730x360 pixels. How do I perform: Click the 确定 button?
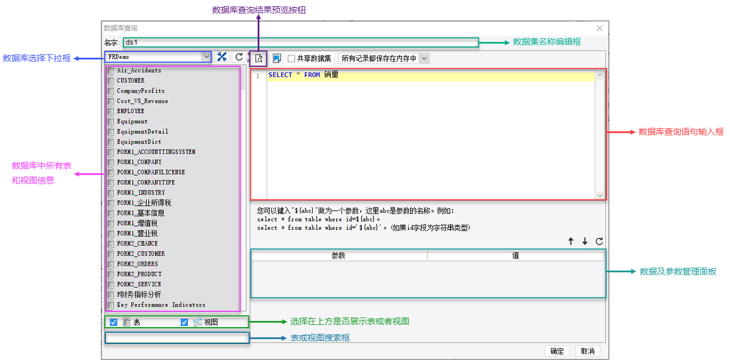coord(557,351)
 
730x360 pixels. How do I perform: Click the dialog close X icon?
coord(599,28)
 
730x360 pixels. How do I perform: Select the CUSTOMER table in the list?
coord(131,80)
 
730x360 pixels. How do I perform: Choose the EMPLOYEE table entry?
coord(131,111)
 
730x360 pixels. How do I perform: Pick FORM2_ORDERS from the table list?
coord(137,264)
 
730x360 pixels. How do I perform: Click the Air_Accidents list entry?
coord(139,71)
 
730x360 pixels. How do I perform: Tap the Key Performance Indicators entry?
coord(161,305)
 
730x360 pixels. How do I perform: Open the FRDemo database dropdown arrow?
coord(206,57)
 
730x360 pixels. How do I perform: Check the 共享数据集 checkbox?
coord(291,58)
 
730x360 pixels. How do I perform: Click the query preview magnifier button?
coord(259,58)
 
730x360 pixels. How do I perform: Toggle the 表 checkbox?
coord(114,322)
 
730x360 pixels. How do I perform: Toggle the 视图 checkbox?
coord(184,322)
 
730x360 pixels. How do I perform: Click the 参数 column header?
coord(338,255)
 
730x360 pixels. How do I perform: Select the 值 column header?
coord(515,255)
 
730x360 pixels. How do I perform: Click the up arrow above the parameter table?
coord(571,241)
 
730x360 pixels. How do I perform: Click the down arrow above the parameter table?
coord(585,241)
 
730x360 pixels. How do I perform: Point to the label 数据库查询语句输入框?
coord(681,131)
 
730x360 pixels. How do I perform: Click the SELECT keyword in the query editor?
coord(280,75)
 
